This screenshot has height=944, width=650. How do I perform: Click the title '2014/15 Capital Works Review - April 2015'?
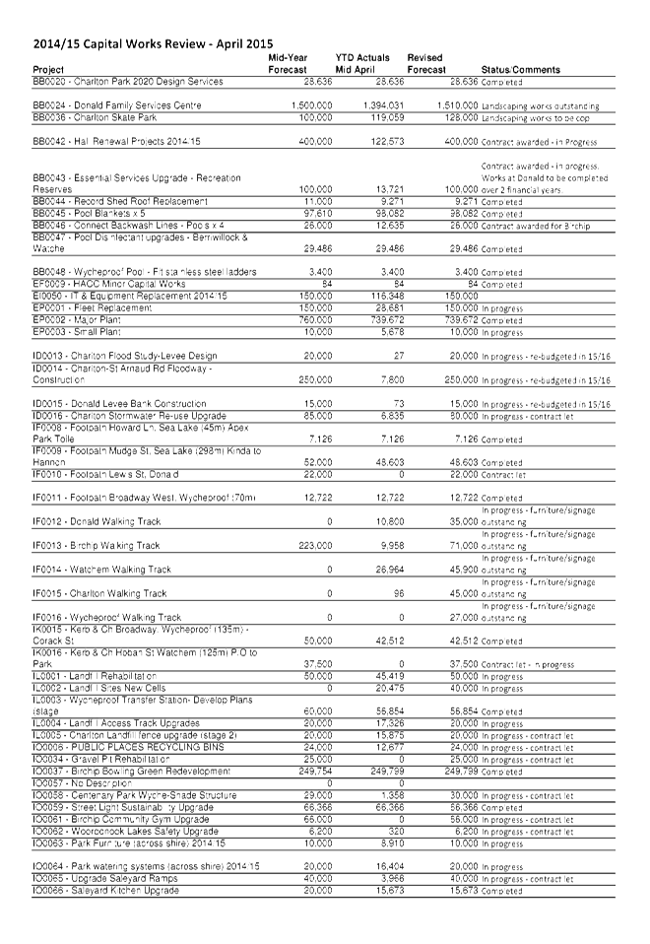tap(153, 44)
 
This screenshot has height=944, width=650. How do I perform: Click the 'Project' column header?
tap(48, 70)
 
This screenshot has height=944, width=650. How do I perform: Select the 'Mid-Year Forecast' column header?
tap(288, 64)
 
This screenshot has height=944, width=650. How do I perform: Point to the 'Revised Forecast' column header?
tap(425, 64)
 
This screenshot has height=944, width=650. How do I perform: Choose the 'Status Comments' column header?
tap(520, 70)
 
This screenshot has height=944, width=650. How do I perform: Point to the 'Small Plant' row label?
tap(80, 332)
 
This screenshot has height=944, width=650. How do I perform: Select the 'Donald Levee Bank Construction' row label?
tap(119, 403)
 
